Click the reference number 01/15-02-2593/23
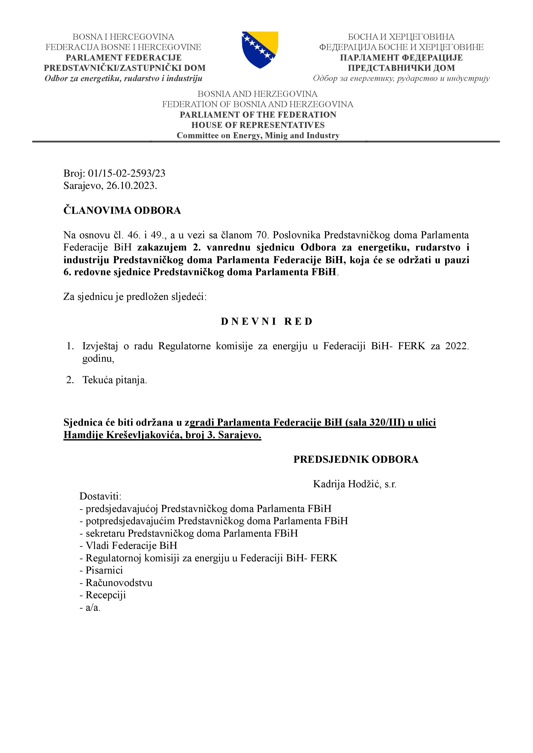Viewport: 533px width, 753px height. (126, 173)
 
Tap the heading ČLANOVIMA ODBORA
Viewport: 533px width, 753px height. (122, 211)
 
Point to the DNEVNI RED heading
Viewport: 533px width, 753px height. (266, 321)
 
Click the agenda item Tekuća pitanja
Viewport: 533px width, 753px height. (114, 380)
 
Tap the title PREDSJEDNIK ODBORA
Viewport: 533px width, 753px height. (356, 460)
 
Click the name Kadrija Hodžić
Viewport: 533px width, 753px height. (347, 484)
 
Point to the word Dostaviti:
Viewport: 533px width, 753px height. (100, 496)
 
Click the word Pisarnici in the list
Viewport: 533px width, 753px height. (104, 570)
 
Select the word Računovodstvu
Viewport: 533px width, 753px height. (119, 583)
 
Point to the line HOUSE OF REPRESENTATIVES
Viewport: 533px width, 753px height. (258, 125)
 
